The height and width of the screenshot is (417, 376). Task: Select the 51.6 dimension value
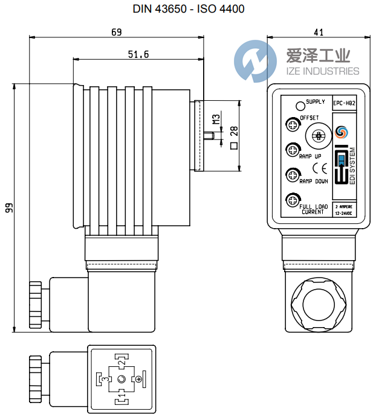click(x=138, y=55)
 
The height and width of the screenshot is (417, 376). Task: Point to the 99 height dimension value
click(x=9, y=209)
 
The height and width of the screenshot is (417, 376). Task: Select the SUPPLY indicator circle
click(x=299, y=106)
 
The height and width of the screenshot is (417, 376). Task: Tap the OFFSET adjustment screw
click(x=293, y=125)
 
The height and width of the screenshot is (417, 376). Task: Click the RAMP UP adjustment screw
click(x=293, y=149)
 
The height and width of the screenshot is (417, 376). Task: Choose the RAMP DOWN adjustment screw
click(x=293, y=174)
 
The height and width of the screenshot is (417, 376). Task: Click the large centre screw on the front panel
click(x=315, y=134)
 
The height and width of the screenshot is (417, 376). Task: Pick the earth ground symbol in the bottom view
click(x=140, y=378)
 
